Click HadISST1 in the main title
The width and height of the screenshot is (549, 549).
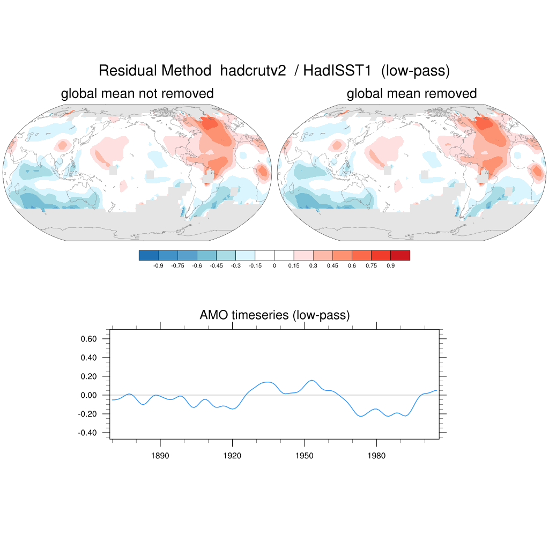pos(338,71)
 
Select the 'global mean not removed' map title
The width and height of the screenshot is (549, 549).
pos(137,94)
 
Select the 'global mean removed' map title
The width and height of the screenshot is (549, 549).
pos(412,94)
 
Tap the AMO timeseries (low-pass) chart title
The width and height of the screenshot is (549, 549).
pos(274,315)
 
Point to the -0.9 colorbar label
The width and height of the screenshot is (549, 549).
pos(158,265)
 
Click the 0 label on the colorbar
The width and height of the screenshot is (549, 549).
pos(274,265)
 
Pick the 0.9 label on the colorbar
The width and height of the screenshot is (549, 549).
pos(390,265)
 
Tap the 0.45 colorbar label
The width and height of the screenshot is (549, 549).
pos(332,265)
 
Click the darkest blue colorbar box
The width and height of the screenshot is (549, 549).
pos(149,255)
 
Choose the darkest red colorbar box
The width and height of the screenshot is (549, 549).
pos(400,255)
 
